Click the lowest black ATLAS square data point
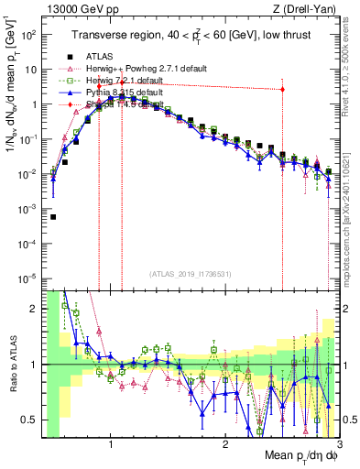[x=53, y=217]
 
